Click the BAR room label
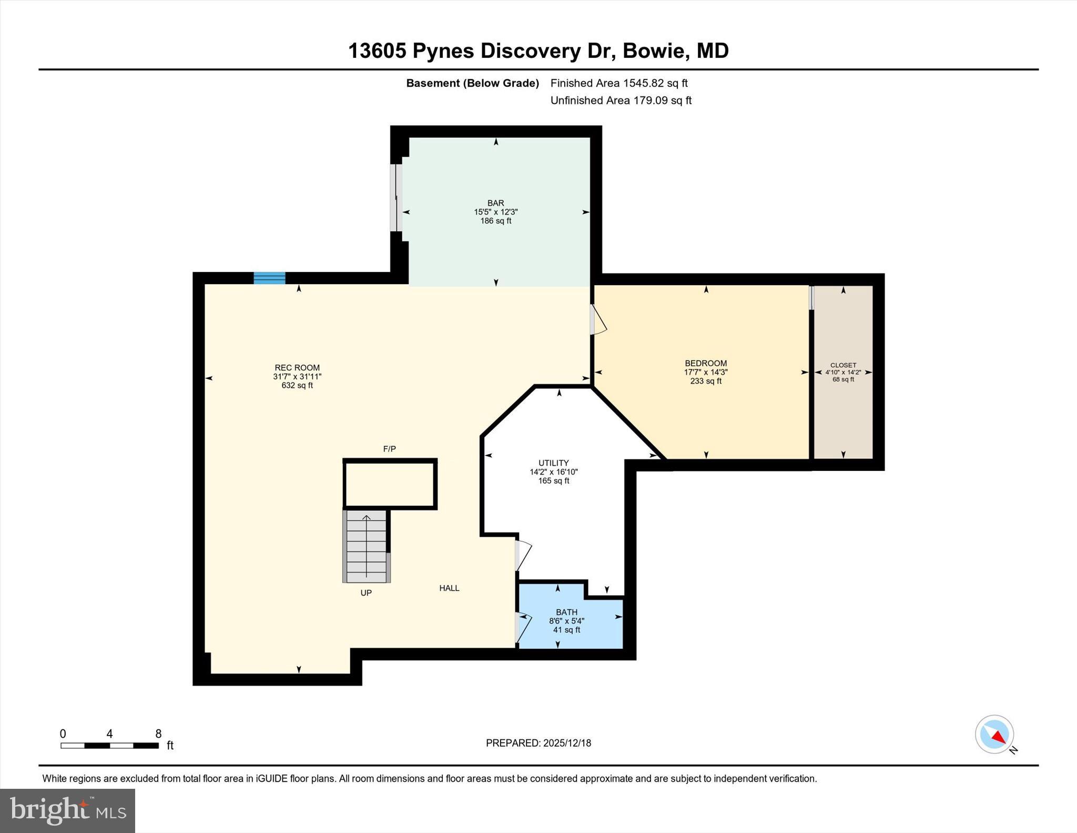(x=495, y=203)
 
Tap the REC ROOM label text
(x=297, y=368)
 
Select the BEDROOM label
(x=706, y=363)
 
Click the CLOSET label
(x=843, y=365)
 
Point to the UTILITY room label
(x=553, y=463)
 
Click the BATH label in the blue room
(x=566, y=612)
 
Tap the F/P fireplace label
(x=389, y=449)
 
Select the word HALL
(x=449, y=588)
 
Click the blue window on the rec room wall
(x=269, y=278)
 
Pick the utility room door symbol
(x=523, y=556)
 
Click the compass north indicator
(x=994, y=735)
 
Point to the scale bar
(x=109, y=745)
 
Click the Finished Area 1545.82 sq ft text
(x=619, y=83)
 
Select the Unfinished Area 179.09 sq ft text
(x=621, y=101)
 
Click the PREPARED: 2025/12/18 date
(x=538, y=743)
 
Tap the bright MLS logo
(x=67, y=810)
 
